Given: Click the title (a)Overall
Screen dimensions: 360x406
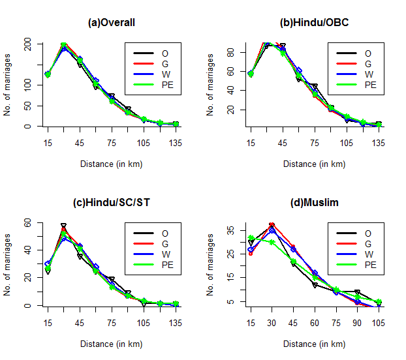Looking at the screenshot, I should (112, 23).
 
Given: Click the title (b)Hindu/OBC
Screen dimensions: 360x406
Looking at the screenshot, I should (315, 23).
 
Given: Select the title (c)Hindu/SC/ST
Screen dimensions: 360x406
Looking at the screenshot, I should (112, 203).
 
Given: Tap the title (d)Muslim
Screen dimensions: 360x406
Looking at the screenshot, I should (315, 203).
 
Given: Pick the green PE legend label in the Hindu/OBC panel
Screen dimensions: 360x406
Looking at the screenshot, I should (370, 85).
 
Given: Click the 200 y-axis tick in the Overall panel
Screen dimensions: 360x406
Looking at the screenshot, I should (28, 44).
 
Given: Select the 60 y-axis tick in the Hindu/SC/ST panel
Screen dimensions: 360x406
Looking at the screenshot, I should (28, 222).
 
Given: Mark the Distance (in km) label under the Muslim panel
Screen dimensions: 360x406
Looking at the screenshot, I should (315, 344).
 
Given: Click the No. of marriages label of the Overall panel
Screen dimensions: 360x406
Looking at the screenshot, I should (8, 85).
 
